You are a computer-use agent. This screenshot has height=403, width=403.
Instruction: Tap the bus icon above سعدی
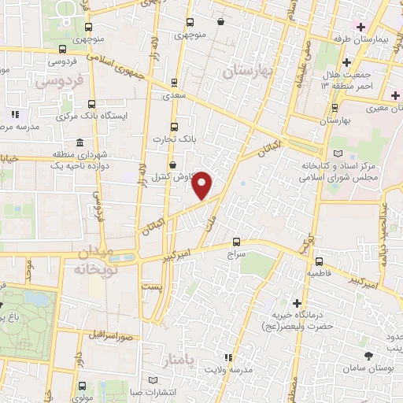point(173,81)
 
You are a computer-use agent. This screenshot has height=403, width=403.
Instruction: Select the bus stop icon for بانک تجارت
point(174,126)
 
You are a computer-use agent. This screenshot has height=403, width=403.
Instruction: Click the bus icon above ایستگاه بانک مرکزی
point(92,103)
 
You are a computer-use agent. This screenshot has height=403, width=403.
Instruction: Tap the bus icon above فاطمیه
point(319,261)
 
